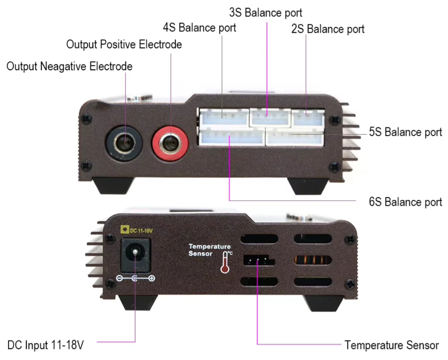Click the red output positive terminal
coord(170,142)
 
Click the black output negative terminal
coord(124,143)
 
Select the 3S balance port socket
coord(270,117)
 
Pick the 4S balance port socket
coord(224,117)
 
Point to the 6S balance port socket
coord(232,137)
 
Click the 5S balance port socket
coord(294,137)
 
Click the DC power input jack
coord(135,255)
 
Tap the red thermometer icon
coord(225,262)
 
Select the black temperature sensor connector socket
coord(258,260)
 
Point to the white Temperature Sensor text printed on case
coord(210,250)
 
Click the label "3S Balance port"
coord(265,13)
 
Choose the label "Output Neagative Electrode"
coord(69,66)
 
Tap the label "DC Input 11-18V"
coord(45,345)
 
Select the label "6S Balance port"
coord(406,202)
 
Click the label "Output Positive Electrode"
coord(124,44)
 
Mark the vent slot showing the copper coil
coord(313,260)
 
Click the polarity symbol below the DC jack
coord(135,278)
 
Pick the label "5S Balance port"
coord(406,132)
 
